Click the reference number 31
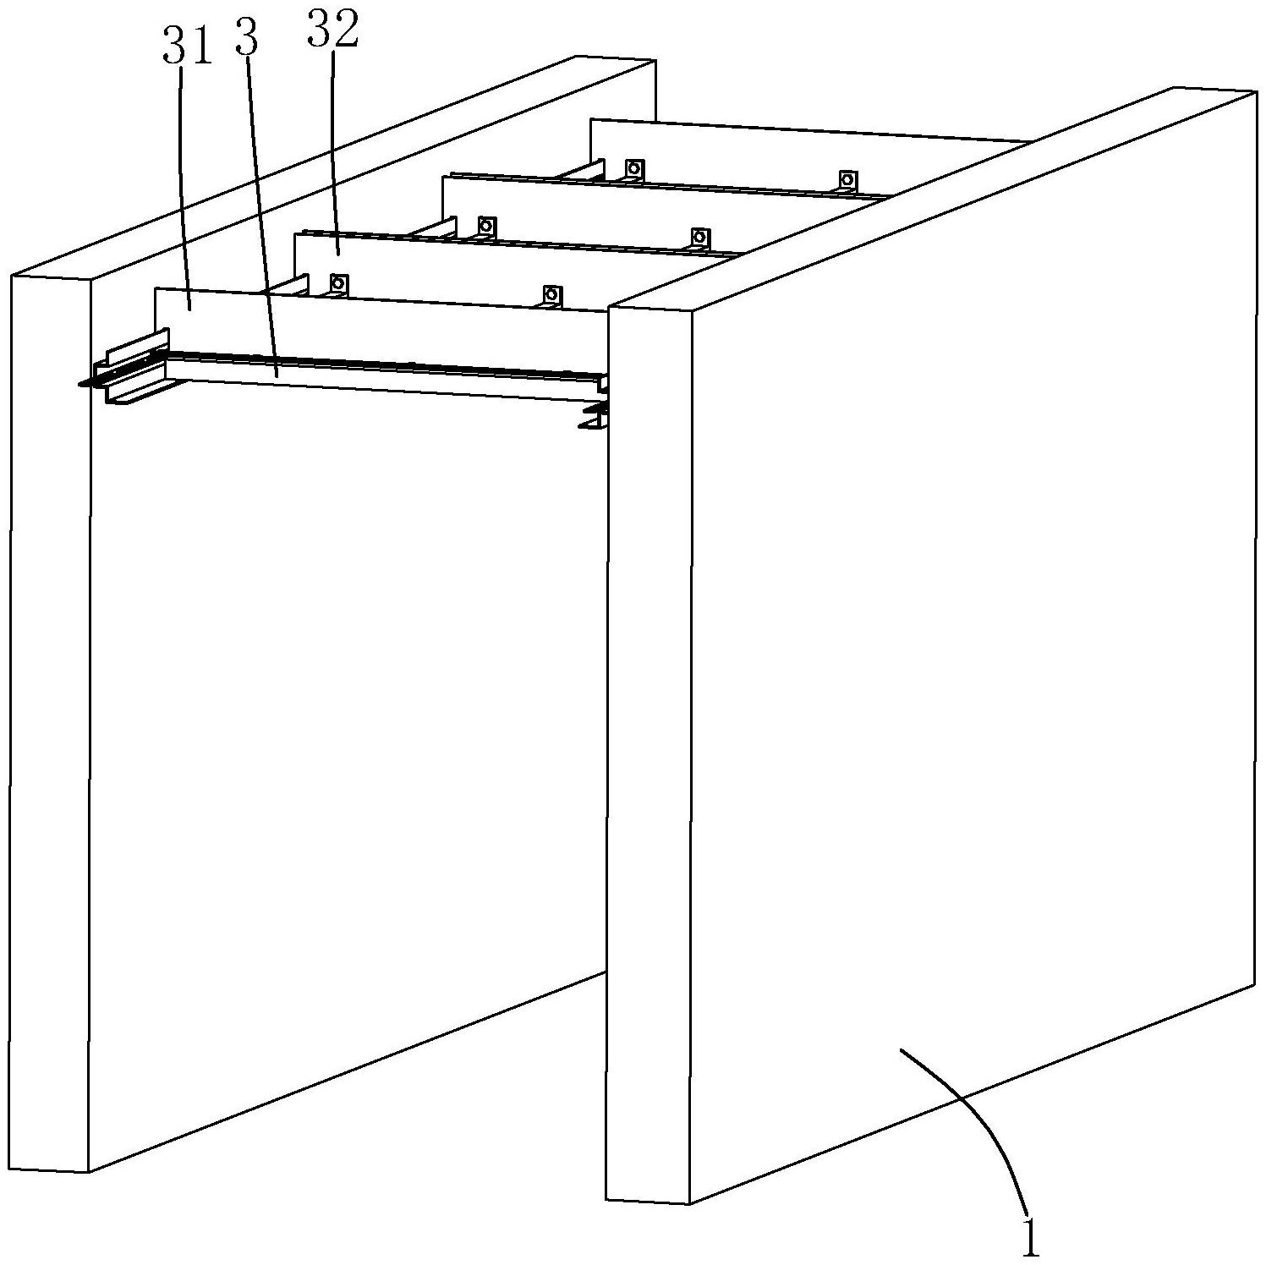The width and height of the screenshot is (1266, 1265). pyautogui.click(x=186, y=47)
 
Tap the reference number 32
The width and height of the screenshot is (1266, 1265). pyautogui.click(x=332, y=30)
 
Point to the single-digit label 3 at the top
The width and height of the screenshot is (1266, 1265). pyautogui.click(x=246, y=41)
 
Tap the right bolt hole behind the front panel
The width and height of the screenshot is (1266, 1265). pyautogui.click(x=551, y=294)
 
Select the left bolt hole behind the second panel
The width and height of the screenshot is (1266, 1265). pyautogui.click(x=486, y=225)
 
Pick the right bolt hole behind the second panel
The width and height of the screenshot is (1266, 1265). pyautogui.click(x=699, y=237)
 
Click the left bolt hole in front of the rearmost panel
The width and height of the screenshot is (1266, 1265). pyautogui.click(x=633, y=167)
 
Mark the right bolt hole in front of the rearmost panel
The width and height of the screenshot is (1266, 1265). pyautogui.click(x=847, y=179)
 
